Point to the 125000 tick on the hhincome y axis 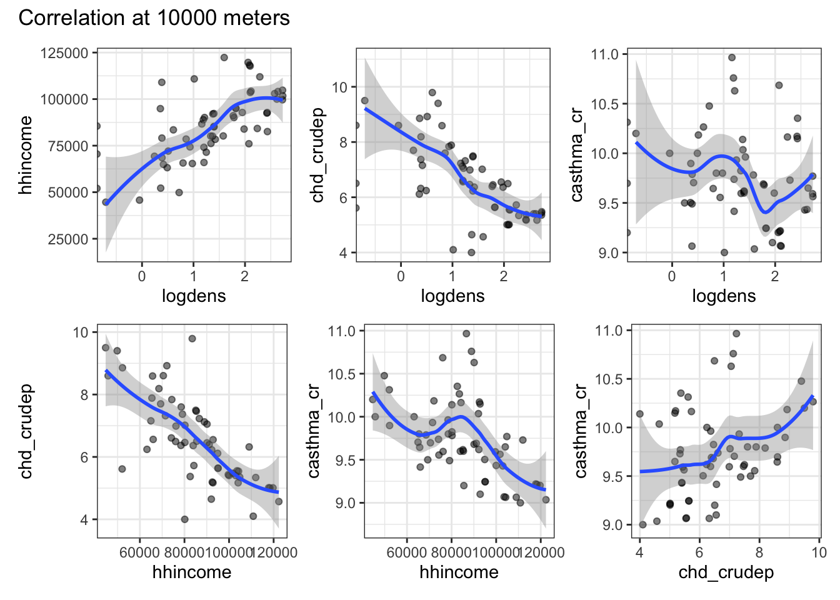[64, 53]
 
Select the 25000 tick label [68, 239]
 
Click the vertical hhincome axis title [25, 155]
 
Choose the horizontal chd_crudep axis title [726, 572]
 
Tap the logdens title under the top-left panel [194, 296]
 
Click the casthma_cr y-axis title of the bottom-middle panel [314, 431]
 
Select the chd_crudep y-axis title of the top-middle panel [318, 155]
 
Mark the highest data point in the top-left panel [224, 57]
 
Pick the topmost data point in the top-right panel [732, 57]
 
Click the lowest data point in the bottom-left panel [184, 519]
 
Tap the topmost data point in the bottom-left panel [192, 339]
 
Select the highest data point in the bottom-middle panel [466, 334]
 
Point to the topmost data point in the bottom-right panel [736, 334]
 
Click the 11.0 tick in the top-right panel [604, 54]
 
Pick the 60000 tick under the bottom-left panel [139, 552]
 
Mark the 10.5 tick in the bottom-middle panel [341, 374]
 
